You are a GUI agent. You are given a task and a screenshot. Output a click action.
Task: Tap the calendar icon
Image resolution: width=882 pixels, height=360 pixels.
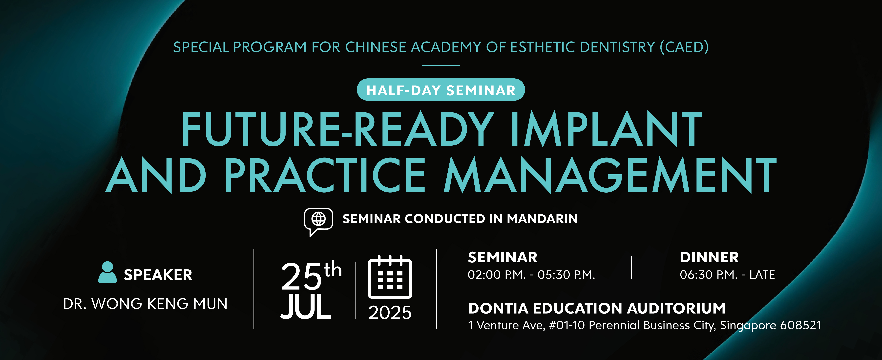tap(390, 277)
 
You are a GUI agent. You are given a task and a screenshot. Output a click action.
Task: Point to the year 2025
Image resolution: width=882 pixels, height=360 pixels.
tap(390, 313)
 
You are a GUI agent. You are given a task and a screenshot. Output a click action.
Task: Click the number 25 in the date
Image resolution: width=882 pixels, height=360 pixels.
tap(301, 277)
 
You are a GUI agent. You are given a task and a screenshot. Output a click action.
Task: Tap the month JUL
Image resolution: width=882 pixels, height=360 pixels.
tap(306, 307)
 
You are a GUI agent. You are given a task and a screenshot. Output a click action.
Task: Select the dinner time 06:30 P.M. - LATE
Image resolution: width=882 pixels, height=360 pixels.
tap(727, 275)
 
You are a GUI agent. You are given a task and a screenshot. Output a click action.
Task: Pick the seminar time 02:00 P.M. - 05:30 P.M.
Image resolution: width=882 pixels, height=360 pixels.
tap(531, 275)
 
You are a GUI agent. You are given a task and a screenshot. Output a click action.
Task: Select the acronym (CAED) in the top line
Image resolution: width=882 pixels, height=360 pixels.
tap(684, 47)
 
